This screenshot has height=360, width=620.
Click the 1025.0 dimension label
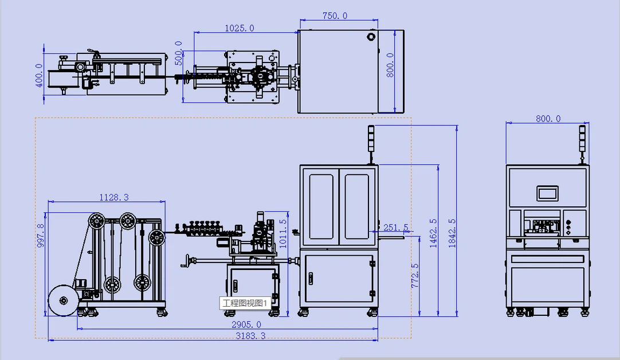coord(239,28)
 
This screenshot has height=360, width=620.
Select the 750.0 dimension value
coord(335,16)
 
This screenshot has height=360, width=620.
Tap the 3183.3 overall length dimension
coord(250,336)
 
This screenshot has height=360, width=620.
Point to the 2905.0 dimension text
coord(246,325)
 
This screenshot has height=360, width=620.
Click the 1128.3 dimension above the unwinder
coord(114,197)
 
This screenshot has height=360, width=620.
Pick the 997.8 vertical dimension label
coord(40,236)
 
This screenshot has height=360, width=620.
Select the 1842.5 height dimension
coord(452,233)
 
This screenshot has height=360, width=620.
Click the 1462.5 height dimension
coord(433,233)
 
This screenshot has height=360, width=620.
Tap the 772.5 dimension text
coord(415,276)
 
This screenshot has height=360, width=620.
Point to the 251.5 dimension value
coord(396,228)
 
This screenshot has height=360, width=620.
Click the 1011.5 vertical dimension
coord(282,234)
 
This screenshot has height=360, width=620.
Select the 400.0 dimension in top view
coord(39,75)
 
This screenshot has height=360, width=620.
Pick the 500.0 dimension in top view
coord(179,53)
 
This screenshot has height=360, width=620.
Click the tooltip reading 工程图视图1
coord(245,303)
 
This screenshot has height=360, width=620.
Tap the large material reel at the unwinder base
coord(63,300)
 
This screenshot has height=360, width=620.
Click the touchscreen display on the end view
coord(548,193)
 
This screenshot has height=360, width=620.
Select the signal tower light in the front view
coord(371,139)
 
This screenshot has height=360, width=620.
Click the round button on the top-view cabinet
coord(371,37)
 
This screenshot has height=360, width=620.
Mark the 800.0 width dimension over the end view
coord(548,119)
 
